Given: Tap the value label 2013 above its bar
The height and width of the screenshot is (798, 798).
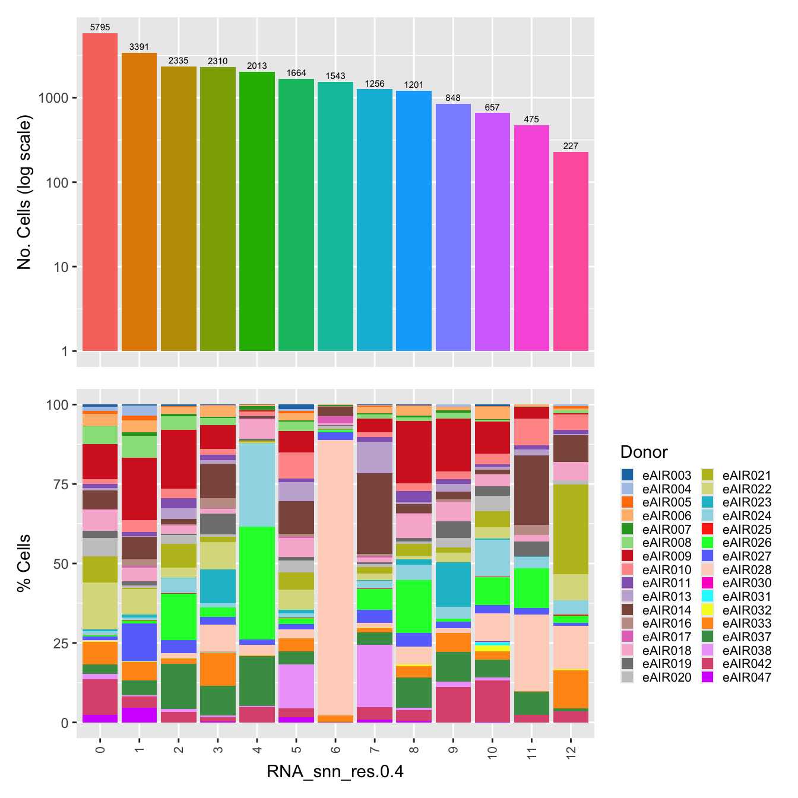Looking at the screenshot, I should (x=257, y=66).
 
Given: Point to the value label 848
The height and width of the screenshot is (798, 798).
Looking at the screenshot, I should (x=453, y=98).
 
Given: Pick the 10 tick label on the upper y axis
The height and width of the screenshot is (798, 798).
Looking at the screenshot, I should (x=61, y=267).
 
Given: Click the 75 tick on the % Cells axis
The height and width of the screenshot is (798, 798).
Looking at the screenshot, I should (x=61, y=484).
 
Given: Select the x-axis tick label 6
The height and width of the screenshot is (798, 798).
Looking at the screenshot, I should (x=335, y=750).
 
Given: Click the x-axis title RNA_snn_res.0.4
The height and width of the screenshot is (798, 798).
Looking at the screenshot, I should (x=335, y=771).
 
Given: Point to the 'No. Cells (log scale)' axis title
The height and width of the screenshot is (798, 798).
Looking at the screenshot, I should (x=24, y=192).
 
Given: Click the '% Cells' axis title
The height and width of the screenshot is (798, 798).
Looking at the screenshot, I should (x=24, y=563).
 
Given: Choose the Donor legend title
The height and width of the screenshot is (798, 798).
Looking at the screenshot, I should (x=644, y=452).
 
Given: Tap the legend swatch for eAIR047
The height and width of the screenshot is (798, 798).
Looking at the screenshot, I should (x=707, y=677).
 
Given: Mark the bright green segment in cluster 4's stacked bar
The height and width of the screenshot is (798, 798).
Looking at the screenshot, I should (x=257, y=582).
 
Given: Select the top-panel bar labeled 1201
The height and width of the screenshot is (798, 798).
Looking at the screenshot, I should (x=414, y=221).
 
